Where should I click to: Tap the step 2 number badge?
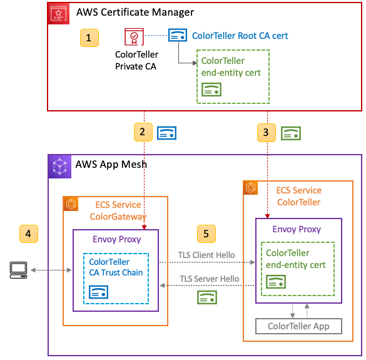(143, 132)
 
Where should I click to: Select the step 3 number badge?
(267, 132)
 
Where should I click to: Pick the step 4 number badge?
(28, 234)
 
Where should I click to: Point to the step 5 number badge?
(207, 234)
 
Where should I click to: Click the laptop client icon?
(19, 270)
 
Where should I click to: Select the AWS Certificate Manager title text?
(135, 12)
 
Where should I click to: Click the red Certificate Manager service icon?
(59, 13)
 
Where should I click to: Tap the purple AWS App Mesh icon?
(59, 165)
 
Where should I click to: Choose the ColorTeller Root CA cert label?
(240, 36)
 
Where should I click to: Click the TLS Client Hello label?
(207, 255)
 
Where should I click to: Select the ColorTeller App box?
(300, 326)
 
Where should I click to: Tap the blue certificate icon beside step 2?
(166, 133)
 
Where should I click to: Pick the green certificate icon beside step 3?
(290, 133)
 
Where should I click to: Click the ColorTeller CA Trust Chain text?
(116, 267)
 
